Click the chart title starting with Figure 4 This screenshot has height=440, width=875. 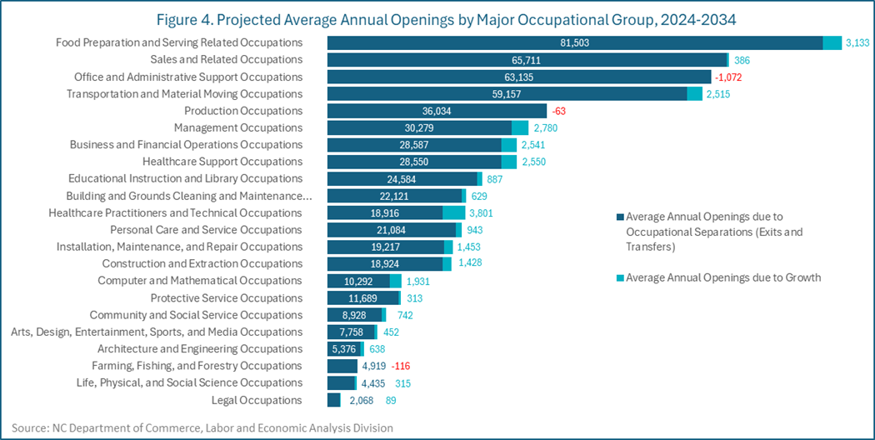point(437,18)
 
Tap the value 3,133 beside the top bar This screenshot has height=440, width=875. point(857,42)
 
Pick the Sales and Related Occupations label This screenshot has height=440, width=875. point(226,60)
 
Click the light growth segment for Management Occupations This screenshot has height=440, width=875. point(520,127)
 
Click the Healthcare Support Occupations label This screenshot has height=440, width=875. point(222,162)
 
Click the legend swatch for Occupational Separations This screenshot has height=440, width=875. point(621,217)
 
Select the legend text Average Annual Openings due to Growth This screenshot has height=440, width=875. point(723,277)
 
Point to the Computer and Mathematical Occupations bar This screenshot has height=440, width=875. point(358,281)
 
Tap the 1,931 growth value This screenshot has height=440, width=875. point(417,281)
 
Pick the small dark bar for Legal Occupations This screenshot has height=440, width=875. point(333,400)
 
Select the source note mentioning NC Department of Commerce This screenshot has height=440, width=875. point(202,427)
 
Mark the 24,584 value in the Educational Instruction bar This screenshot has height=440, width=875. point(402,178)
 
